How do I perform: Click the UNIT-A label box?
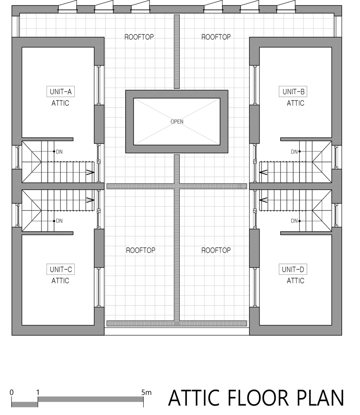(x=60, y=92)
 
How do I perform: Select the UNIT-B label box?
(x=293, y=92)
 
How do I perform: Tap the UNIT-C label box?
(x=60, y=269)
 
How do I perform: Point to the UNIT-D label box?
(x=293, y=269)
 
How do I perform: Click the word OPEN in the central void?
(x=177, y=122)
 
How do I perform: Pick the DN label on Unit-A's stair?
(x=59, y=151)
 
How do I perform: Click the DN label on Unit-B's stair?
(x=294, y=151)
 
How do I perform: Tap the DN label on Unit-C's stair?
(x=59, y=221)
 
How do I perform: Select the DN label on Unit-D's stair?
(x=294, y=221)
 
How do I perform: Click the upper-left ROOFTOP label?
(x=139, y=37)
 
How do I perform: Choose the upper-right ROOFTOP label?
(x=216, y=37)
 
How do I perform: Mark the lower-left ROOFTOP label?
(x=140, y=250)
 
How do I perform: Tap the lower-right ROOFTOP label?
(x=216, y=250)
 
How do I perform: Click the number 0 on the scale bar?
(x=11, y=392)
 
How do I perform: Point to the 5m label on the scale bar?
(x=146, y=392)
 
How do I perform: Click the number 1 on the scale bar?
(x=38, y=392)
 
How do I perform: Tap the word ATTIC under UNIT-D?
(x=295, y=281)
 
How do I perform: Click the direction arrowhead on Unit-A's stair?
(x=91, y=172)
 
